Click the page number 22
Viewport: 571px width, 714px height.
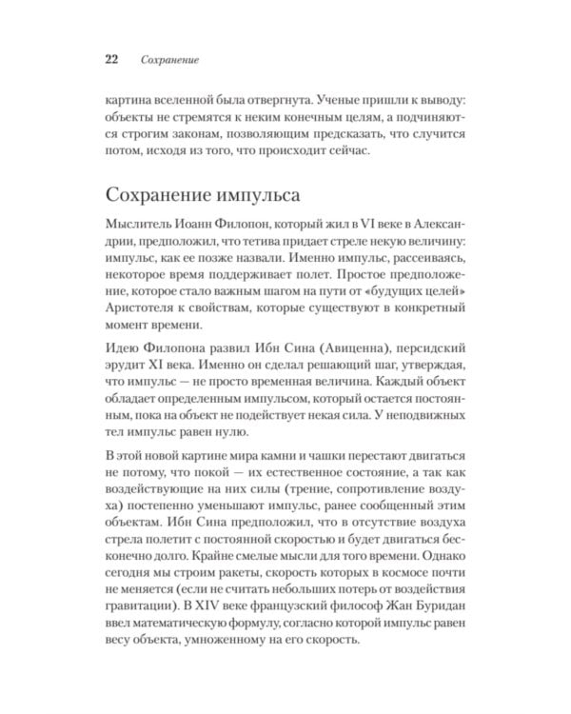pos(110,59)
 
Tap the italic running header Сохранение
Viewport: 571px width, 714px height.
pos(168,60)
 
